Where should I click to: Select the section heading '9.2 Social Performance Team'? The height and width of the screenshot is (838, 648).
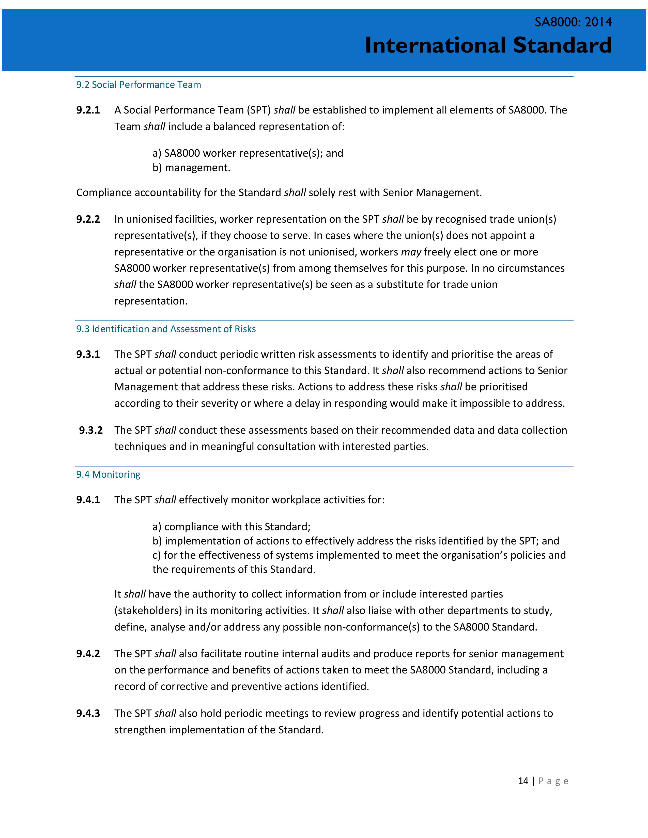click(138, 85)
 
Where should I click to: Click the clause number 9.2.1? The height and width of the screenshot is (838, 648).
click(88, 110)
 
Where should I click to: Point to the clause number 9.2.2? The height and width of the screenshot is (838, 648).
click(88, 219)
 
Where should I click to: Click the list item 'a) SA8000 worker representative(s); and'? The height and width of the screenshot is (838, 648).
click(248, 153)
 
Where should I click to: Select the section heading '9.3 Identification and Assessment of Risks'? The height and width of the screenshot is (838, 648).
click(166, 329)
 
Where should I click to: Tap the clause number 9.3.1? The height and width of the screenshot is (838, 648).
click(88, 354)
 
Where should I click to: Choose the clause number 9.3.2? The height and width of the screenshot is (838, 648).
click(91, 430)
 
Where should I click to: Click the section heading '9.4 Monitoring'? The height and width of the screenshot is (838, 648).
click(108, 475)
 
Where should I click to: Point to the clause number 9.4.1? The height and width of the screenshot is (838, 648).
click(88, 499)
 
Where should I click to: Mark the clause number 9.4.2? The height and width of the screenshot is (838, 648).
click(88, 653)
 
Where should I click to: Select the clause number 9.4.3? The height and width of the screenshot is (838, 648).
click(88, 713)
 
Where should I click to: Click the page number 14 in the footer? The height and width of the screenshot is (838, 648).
click(523, 781)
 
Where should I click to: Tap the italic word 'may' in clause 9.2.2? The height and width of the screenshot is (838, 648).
click(411, 252)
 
